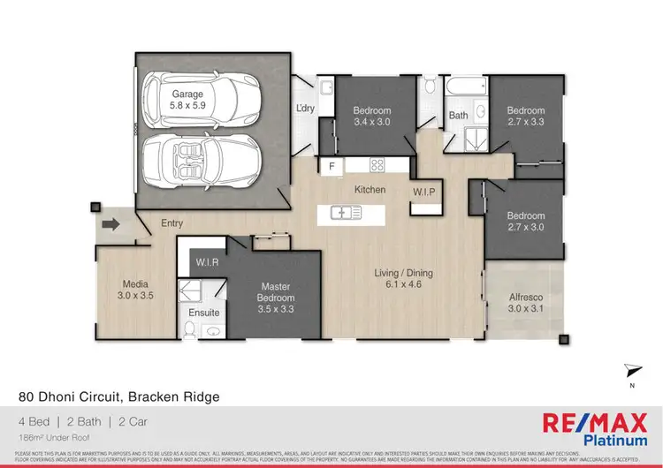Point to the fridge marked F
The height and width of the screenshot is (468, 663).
click(x=332, y=165)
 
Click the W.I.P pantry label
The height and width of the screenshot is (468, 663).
click(x=424, y=192)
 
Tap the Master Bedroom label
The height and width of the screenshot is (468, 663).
click(x=275, y=298)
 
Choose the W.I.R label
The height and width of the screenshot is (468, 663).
click(x=207, y=261)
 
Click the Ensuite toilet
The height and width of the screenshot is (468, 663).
click(x=190, y=330)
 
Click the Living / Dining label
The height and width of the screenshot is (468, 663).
click(x=403, y=279)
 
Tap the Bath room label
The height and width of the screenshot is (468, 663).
click(x=458, y=116)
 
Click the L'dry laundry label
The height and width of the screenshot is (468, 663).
click(x=306, y=108)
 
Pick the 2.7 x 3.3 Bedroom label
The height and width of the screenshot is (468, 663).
click(x=524, y=117)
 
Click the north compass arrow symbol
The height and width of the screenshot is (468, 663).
click(x=630, y=370)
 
